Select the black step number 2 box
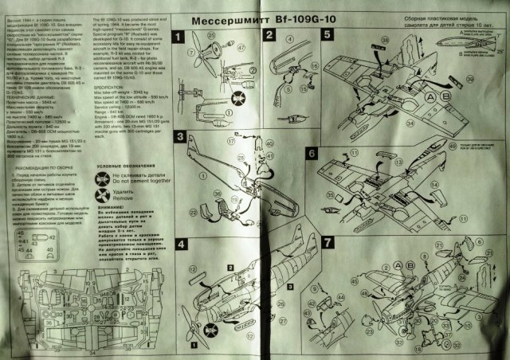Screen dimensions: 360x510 tap(270, 35)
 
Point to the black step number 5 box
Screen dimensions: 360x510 tap(328, 35)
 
